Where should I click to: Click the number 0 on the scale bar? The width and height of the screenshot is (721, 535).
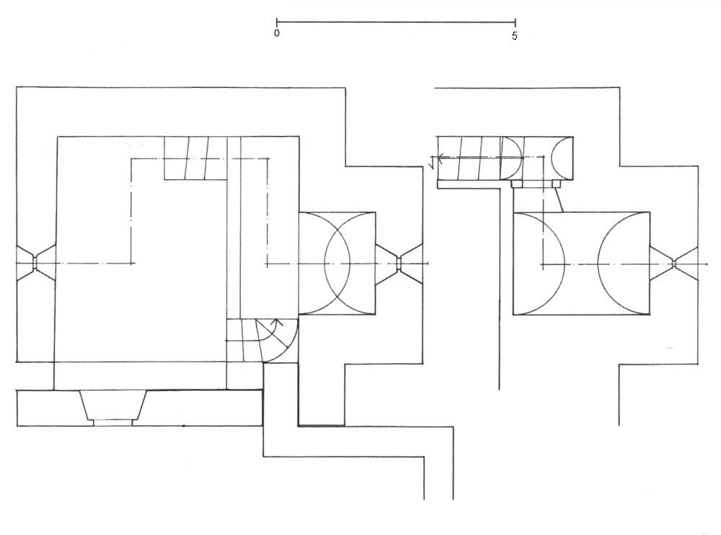click(x=276, y=33)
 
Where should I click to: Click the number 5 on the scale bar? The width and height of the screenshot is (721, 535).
click(x=515, y=36)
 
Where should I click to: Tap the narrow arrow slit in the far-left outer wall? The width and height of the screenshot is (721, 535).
click(x=35, y=263)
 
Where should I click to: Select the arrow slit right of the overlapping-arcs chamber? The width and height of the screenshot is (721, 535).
click(x=399, y=264)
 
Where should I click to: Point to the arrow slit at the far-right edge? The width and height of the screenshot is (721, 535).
click(x=673, y=264)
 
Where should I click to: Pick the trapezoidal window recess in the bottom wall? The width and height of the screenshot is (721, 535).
click(x=113, y=408)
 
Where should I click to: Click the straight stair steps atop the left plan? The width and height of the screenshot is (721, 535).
click(x=196, y=158)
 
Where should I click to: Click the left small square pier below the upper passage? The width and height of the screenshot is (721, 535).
click(x=517, y=184)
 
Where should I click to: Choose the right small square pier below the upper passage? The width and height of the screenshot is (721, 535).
click(x=557, y=184)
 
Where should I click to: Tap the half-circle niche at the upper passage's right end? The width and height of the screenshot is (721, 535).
click(x=562, y=158)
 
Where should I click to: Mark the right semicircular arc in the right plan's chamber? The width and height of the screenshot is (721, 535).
click(x=624, y=264)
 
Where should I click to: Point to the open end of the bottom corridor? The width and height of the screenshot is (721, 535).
click(x=438, y=499)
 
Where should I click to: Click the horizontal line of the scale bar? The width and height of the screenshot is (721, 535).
click(x=396, y=22)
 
